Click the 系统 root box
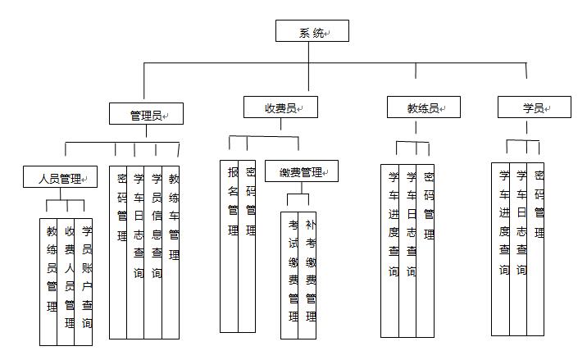pyautogui.click(x=312, y=30)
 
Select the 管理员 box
pyautogui.click(x=147, y=113)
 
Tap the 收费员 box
pyautogui.click(x=280, y=107)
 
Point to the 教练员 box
pyautogui.click(x=424, y=107)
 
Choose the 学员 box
pyautogui.click(x=535, y=107)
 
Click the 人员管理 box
pyautogui.click(x=61, y=177)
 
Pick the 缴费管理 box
pyautogui.click(x=302, y=171)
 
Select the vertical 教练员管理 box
pyautogui.click(x=48, y=282)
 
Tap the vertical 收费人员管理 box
pyautogui.click(x=66, y=282)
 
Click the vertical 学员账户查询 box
pyautogui.click(x=84, y=282)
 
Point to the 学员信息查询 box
pyautogui.click(x=153, y=253)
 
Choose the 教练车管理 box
pyautogui.click(x=171, y=253)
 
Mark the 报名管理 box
pyautogui.click(x=229, y=247)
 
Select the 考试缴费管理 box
pyautogui.click(x=289, y=276)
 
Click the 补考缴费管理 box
pyautogui.click(x=307, y=276)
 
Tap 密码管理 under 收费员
pyautogui.click(x=247, y=247)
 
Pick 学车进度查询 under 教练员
pyautogui.click(x=389, y=251)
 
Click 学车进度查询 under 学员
pyautogui.click(x=501, y=249)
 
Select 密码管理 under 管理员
pyautogui.click(x=118, y=253)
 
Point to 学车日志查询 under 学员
pyautogui.click(x=518, y=249)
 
